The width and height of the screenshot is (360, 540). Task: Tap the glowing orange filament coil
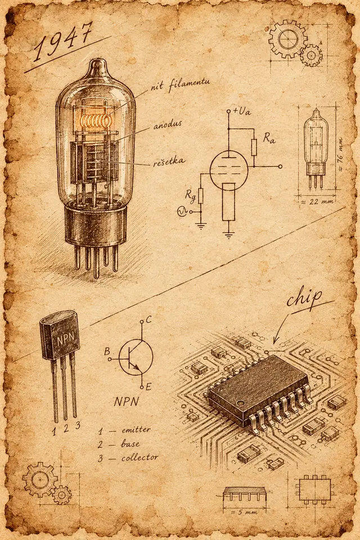click(x=96, y=120)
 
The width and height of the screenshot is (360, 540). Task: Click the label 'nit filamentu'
click(x=180, y=84)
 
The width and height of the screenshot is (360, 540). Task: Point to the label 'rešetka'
click(x=168, y=161)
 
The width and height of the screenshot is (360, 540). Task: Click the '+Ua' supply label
click(x=242, y=111)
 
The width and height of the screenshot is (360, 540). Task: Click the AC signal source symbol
click(x=182, y=211)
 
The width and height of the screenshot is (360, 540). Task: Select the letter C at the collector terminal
click(x=148, y=320)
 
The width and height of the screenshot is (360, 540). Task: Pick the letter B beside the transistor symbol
click(x=107, y=352)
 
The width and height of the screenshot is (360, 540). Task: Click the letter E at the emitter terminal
click(x=148, y=387)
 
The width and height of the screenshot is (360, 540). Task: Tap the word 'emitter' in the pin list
click(x=136, y=430)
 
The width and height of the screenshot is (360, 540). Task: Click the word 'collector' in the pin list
click(x=140, y=458)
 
